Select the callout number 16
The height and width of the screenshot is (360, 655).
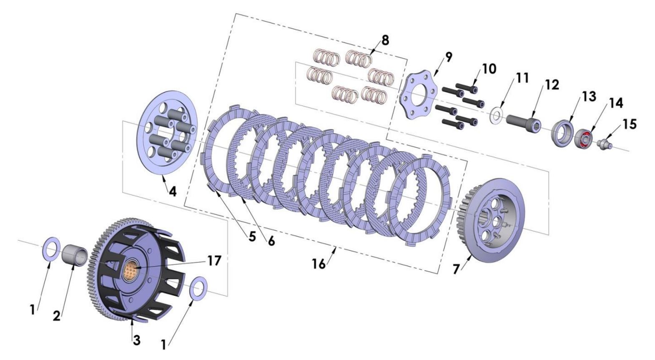click(319, 264)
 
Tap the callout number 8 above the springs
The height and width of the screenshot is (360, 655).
click(384, 40)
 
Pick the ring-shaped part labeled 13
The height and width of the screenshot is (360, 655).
click(561, 132)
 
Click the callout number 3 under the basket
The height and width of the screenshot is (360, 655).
click(136, 340)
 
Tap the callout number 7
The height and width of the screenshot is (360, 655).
click(457, 269)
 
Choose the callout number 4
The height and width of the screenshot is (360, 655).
click(172, 191)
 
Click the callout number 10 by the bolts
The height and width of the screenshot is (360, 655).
click(489, 69)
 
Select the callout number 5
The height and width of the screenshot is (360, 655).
click(252, 237)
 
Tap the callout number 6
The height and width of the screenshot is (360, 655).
click(271, 241)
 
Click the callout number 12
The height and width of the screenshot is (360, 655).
click(552, 85)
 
